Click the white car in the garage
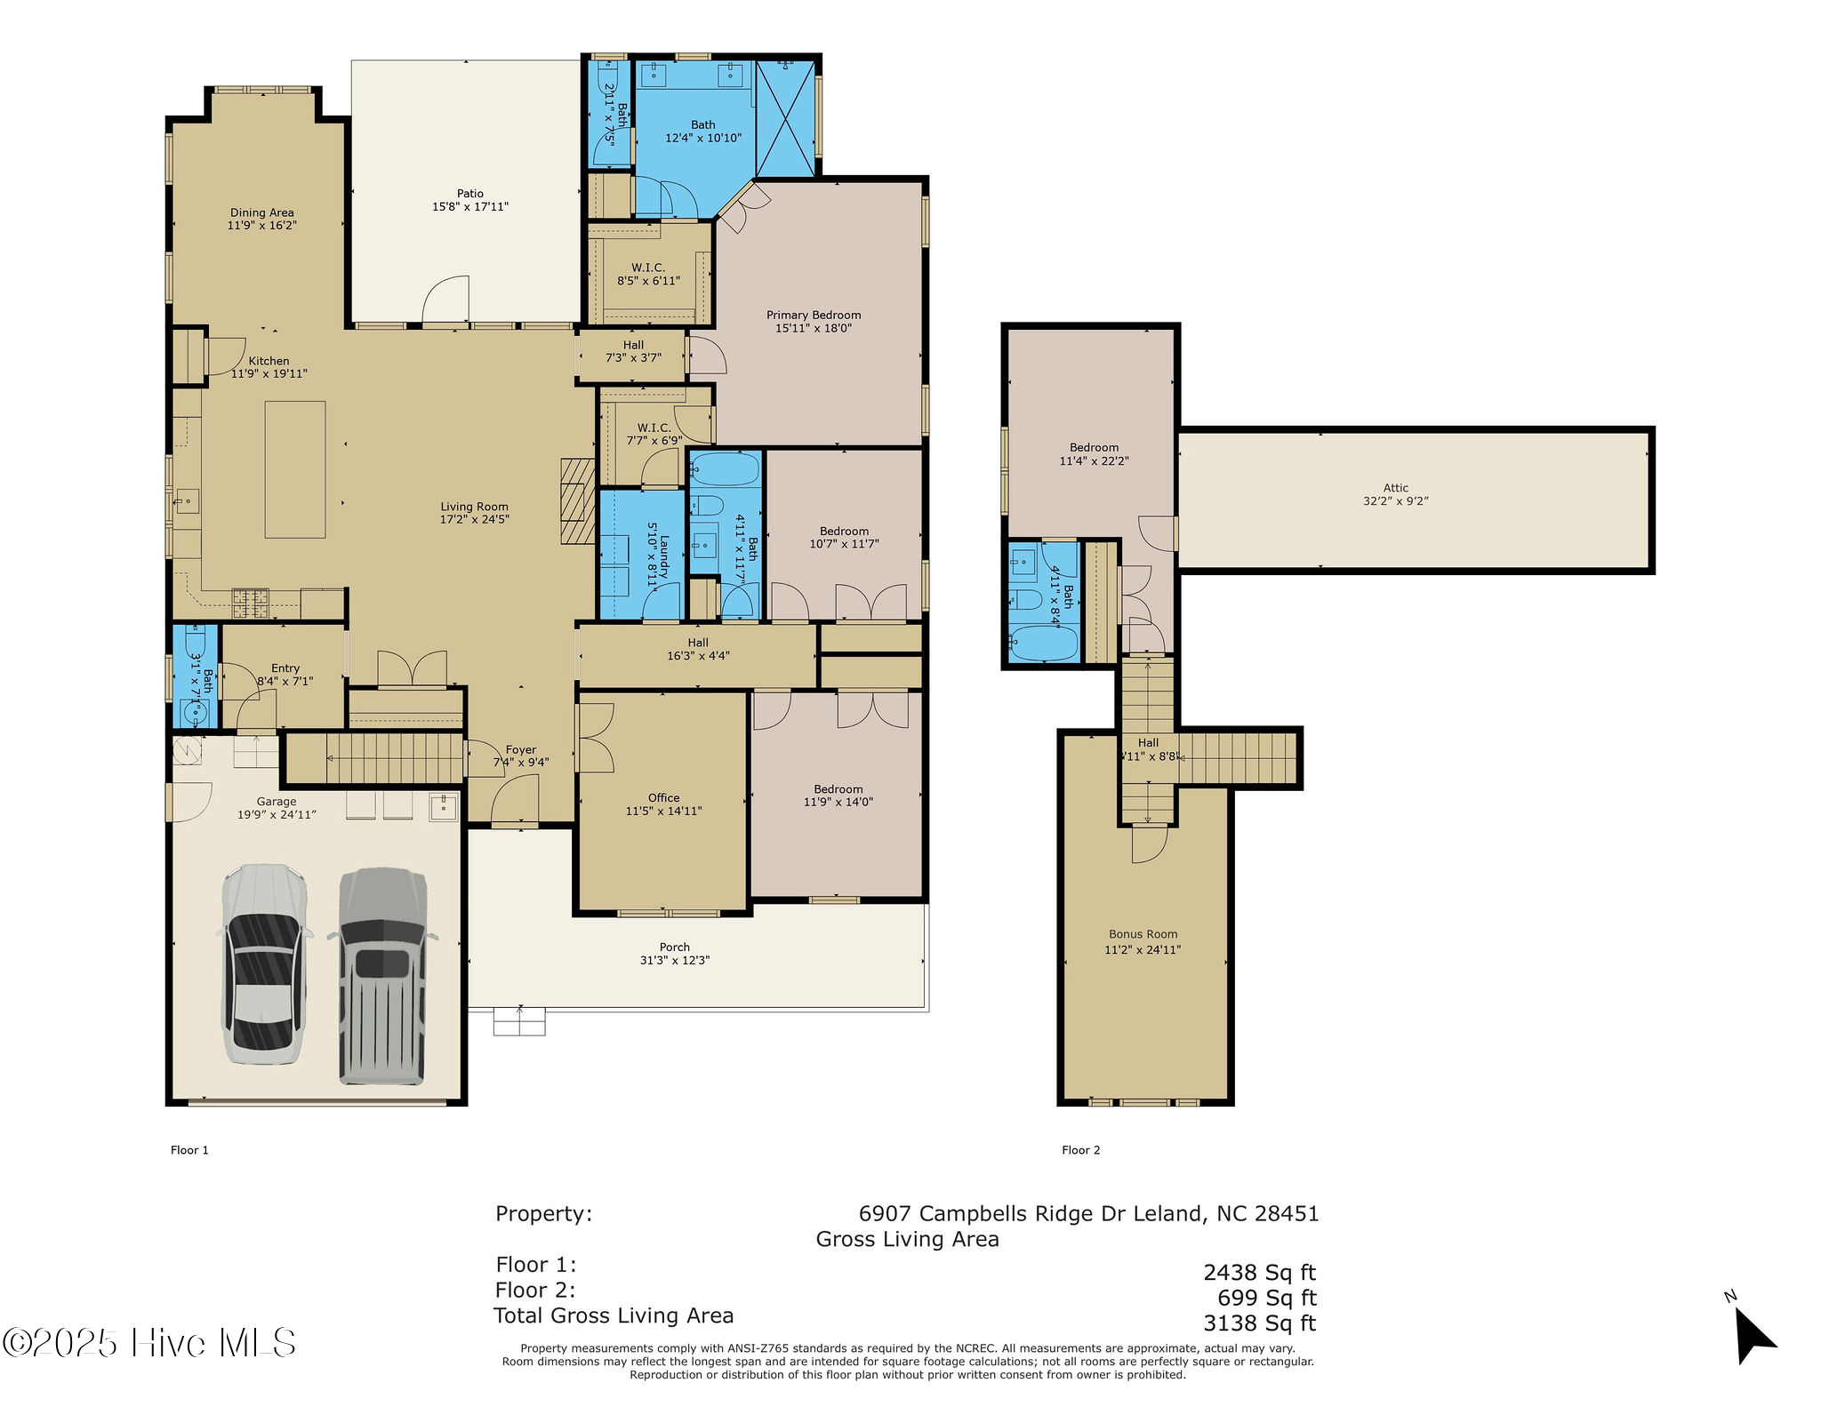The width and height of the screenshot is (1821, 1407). pyautogui.click(x=263, y=963)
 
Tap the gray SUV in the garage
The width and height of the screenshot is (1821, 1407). pyautogui.click(x=382, y=976)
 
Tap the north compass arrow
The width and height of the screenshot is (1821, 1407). pyautogui.click(x=1753, y=1333)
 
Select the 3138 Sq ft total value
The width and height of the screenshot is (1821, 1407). pyautogui.click(x=1259, y=1323)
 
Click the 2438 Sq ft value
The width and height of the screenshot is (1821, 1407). pyautogui.click(x=1259, y=1273)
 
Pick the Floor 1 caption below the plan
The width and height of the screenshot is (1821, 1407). pyautogui.click(x=189, y=1150)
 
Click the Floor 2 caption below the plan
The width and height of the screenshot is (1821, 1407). pyautogui.click(x=1081, y=1150)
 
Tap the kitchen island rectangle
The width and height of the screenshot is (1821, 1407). pyautogui.click(x=295, y=469)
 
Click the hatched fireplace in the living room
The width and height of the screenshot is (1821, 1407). pyautogui.click(x=577, y=501)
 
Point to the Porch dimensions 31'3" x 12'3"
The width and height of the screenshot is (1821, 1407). pyautogui.click(x=675, y=960)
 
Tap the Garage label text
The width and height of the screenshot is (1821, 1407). pyautogui.click(x=277, y=801)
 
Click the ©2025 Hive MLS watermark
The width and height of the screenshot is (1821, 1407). pyautogui.click(x=148, y=1342)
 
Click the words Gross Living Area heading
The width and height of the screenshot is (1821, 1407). pyautogui.click(x=907, y=1239)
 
